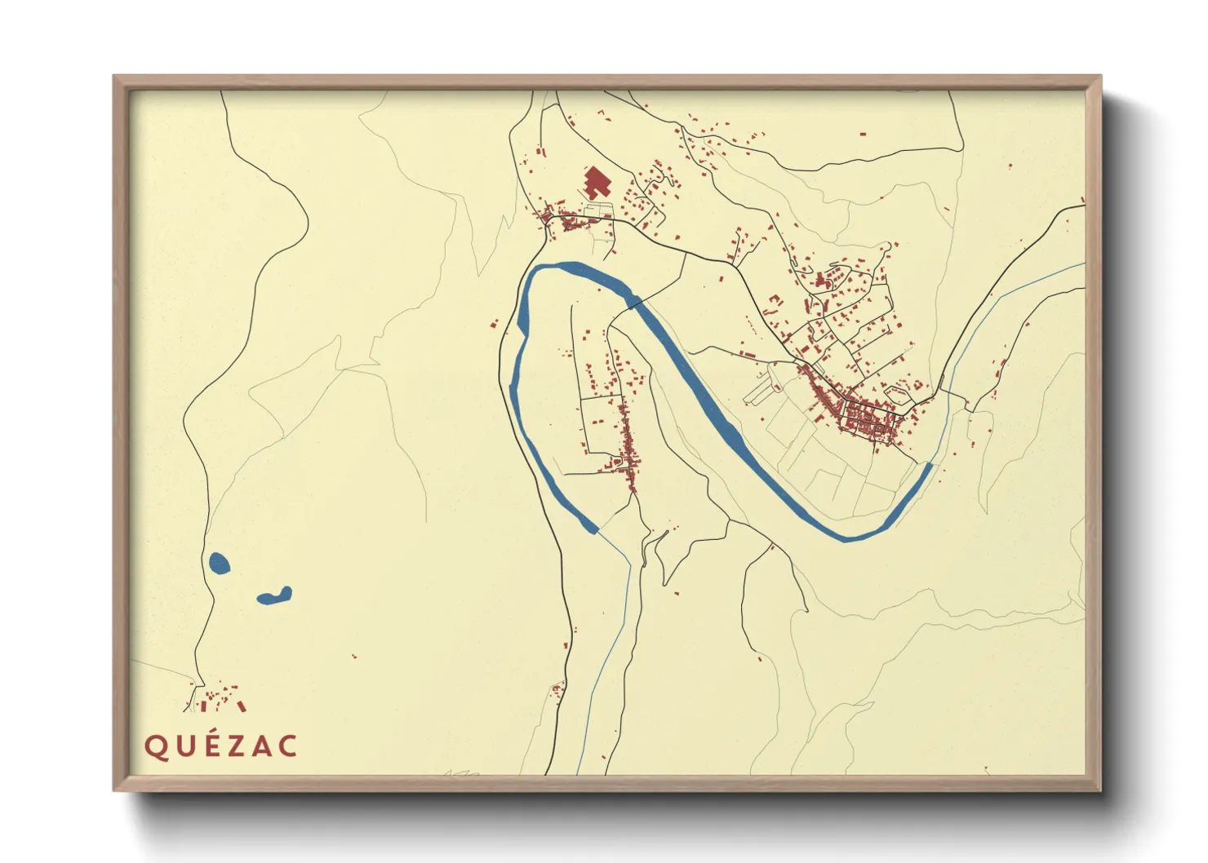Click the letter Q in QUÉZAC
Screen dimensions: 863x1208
tap(155, 746)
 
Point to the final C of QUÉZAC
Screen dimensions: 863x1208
tap(287, 746)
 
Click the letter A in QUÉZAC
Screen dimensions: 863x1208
tap(262, 746)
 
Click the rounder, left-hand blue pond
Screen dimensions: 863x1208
tap(219, 563)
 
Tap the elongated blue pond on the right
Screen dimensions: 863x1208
tap(274, 596)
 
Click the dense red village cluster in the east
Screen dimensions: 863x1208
tap(869, 420)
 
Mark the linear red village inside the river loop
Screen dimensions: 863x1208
tap(628, 449)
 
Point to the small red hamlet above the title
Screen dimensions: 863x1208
tap(216, 698)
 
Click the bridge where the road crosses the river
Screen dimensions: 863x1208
tap(633, 303)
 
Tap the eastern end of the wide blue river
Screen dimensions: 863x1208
tap(928, 467)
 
